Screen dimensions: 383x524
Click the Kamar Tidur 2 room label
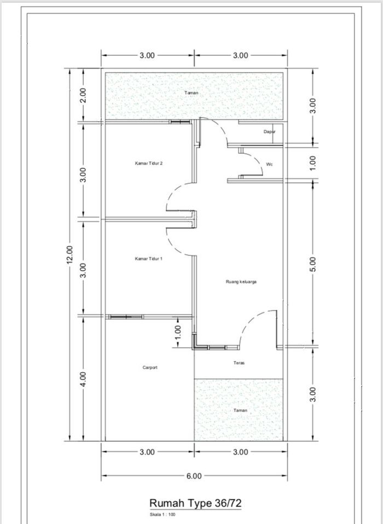point(149,164)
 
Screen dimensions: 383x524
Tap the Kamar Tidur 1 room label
point(149,259)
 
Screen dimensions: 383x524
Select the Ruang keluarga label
point(241,282)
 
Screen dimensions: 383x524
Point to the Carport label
point(150,368)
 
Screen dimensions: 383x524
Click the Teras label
point(239,363)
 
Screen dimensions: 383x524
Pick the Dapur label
point(269,132)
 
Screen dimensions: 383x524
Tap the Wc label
point(269,164)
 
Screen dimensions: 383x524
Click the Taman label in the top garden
point(191,92)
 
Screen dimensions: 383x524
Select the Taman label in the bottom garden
point(240,410)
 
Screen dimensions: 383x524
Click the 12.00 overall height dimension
point(69,255)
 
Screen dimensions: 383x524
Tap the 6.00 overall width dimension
point(194,475)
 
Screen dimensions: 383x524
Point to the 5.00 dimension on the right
point(312,264)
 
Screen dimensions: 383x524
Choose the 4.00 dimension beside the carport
point(83,379)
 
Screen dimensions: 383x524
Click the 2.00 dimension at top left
point(83,95)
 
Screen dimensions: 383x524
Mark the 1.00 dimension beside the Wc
point(312,163)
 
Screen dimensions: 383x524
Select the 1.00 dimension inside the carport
point(178,332)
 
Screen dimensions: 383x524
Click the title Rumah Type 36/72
point(195,503)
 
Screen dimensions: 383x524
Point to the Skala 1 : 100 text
point(163,515)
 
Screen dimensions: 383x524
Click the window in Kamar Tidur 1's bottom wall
point(126,317)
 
